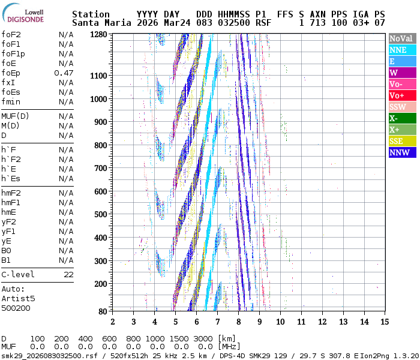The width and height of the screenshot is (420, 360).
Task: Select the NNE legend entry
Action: pos(398,50)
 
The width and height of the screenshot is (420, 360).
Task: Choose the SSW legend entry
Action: pos(398,107)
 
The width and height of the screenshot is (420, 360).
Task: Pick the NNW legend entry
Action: pos(400,152)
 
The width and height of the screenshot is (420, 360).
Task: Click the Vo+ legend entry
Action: pos(397,95)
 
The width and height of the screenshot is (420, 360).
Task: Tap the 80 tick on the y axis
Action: pos(102,311)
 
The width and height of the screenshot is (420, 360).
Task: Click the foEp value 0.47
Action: pos(64,73)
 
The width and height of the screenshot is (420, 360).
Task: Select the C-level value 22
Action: pos(68,275)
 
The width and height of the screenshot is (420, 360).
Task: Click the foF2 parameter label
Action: pos(11,35)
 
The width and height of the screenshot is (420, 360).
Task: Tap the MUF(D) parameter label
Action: pos(13,116)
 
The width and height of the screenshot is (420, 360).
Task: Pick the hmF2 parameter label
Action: pos(11,193)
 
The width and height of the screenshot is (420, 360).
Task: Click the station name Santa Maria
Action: pos(96,23)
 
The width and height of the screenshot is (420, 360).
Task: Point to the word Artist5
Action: pos(18,299)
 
